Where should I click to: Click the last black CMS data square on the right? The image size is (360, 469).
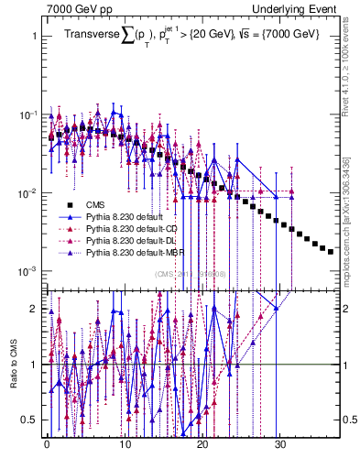pos(331,251)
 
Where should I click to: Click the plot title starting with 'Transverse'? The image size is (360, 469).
pos(192,34)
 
